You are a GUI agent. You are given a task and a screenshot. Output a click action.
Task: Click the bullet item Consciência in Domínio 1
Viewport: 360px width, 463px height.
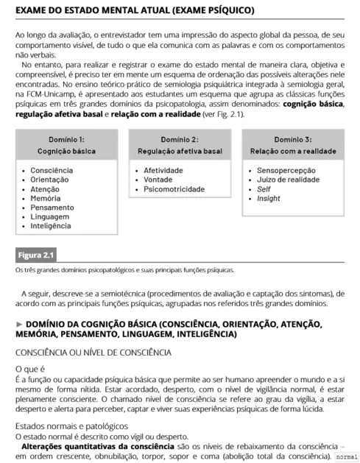click(x=52, y=171)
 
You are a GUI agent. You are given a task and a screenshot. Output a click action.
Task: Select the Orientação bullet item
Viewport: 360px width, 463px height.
click(x=50, y=180)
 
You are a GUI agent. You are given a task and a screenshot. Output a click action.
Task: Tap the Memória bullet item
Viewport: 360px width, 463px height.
click(x=46, y=199)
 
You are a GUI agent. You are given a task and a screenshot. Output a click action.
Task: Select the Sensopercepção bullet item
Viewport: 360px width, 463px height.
click(x=288, y=171)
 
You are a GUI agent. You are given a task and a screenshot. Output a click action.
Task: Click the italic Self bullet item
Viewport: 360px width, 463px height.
click(x=264, y=189)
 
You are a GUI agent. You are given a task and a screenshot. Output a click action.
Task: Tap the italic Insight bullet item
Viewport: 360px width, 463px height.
click(x=269, y=199)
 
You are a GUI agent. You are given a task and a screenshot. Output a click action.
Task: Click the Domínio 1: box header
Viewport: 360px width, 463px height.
click(x=66, y=138)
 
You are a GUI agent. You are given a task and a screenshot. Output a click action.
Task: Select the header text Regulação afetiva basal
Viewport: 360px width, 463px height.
click(x=180, y=151)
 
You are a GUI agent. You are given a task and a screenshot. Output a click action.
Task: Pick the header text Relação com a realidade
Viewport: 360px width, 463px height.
click(x=293, y=151)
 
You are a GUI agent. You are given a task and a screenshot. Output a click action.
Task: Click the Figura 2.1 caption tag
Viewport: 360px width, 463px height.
click(x=37, y=255)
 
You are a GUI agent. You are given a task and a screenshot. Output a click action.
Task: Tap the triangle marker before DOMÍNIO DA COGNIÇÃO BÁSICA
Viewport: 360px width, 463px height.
click(x=20, y=324)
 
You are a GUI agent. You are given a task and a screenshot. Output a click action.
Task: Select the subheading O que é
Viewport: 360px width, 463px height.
click(x=30, y=368)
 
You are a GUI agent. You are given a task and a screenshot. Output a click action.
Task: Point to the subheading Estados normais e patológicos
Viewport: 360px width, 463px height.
click(x=72, y=426)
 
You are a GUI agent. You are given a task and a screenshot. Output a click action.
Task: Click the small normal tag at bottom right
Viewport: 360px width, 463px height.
click(x=345, y=457)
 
